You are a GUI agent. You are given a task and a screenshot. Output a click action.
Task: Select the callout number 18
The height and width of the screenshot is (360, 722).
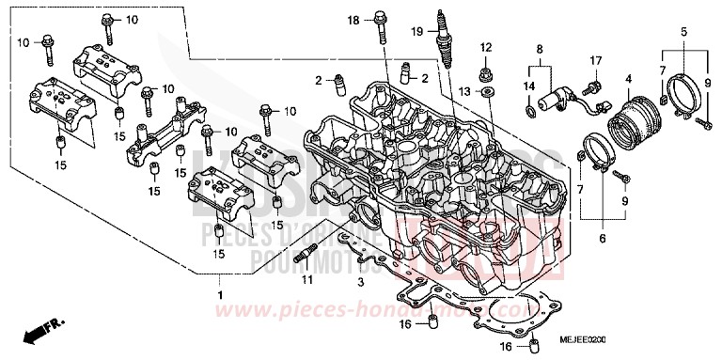tap(353, 20)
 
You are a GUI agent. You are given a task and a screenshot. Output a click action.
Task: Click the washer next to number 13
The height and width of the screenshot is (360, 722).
tap(487, 94)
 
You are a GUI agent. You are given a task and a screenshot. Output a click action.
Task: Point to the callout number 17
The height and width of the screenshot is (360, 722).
tap(595, 61)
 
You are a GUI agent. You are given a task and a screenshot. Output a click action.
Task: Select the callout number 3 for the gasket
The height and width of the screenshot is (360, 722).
tap(359, 281)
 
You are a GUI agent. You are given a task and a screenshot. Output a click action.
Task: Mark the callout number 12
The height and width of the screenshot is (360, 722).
tap(486, 46)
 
